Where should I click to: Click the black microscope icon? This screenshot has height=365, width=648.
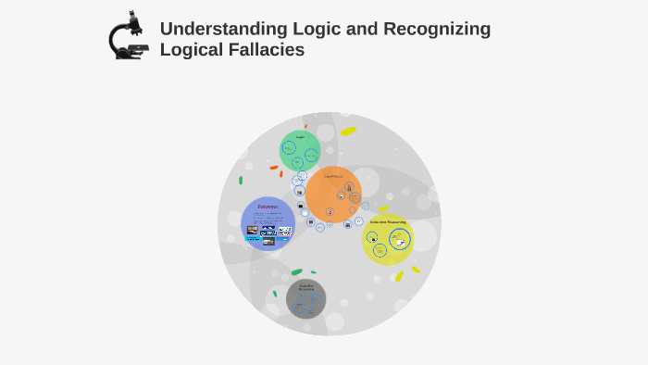pyautogui.click(x=127, y=36)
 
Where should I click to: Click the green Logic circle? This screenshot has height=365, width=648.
pyautogui.click(x=300, y=150)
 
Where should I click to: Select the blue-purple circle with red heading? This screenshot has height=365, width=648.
pyautogui.click(x=268, y=223)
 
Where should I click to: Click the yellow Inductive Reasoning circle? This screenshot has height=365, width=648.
pyautogui.click(x=387, y=239)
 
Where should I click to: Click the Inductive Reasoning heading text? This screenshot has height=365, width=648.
pyautogui.click(x=388, y=222)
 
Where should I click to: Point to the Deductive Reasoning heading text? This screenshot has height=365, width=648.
pyautogui.click(x=305, y=287)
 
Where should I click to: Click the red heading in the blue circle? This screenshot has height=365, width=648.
pyautogui.click(x=268, y=207)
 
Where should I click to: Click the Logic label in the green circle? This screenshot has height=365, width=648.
pyautogui.click(x=300, y=137)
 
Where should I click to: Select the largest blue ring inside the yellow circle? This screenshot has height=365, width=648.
pyautogui.click(x=399, y=240)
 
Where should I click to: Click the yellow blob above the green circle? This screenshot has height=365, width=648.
pyautogui.click(x=348, y=131)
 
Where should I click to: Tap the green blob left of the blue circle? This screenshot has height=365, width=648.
pyautogui.click(x=241, y=181)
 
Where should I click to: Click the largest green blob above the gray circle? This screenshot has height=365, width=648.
pyautogui.click(x=296, y=271)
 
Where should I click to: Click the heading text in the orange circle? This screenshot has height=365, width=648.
pyautogui.click(x=332, y=176)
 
